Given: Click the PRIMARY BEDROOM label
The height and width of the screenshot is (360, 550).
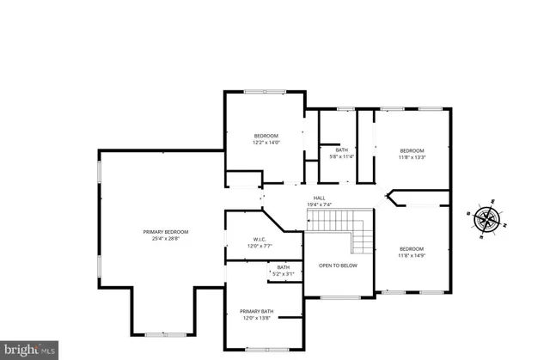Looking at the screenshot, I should click(165, 232).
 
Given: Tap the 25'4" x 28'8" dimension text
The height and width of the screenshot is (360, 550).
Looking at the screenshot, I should click(165, 239).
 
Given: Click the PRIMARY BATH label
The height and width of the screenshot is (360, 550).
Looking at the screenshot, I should click(257, 311).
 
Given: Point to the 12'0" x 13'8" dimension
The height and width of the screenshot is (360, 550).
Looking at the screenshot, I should click(257, 318).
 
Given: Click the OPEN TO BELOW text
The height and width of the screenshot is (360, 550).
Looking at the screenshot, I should click(338, 265).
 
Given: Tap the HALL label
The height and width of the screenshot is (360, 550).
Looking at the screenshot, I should click(319, 198).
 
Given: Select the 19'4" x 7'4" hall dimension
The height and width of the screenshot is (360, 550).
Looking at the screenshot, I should click(319, 204).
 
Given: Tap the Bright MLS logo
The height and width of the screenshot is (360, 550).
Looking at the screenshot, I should click(29, 350).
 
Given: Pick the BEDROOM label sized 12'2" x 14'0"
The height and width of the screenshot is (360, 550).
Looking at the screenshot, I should click(266, 136).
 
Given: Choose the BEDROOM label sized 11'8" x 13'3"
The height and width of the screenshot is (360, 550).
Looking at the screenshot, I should click(412, 150).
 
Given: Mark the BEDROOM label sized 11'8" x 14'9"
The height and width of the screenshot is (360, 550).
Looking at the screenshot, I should click(412, 249).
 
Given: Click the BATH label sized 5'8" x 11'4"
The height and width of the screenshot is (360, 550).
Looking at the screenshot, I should click(342, 150).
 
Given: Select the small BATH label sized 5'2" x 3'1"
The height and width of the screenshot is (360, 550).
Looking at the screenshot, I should click(284, 267).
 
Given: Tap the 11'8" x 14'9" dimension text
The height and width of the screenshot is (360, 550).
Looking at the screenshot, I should click(412, 256).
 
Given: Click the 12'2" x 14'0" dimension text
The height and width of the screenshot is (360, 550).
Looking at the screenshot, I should click(266, 143).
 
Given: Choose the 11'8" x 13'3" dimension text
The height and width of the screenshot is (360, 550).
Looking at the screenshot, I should click(412, 157).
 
